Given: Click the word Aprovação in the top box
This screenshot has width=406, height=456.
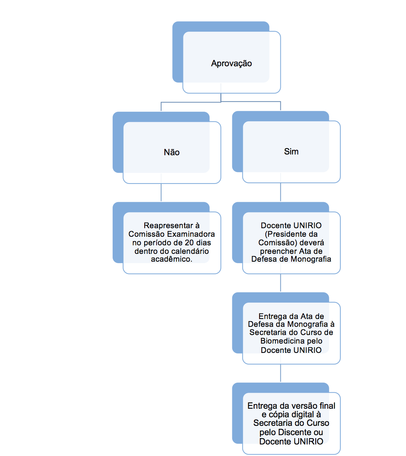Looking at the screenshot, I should coord(231,64).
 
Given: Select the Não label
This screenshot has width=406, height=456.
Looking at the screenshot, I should coord(171,152).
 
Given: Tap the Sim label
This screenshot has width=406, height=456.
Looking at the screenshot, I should coord(291,152).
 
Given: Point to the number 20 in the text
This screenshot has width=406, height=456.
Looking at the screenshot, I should coord(189,243).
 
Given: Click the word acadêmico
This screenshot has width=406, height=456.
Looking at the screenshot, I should coord(171,259).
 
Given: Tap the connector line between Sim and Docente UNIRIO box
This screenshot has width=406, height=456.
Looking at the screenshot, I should coord(280,192).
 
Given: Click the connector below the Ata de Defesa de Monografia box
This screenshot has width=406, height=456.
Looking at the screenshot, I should coord(280,283).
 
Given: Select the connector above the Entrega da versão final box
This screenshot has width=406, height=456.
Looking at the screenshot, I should coord(280,373).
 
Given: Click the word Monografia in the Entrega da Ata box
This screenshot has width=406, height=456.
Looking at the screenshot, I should coord(308,324).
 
